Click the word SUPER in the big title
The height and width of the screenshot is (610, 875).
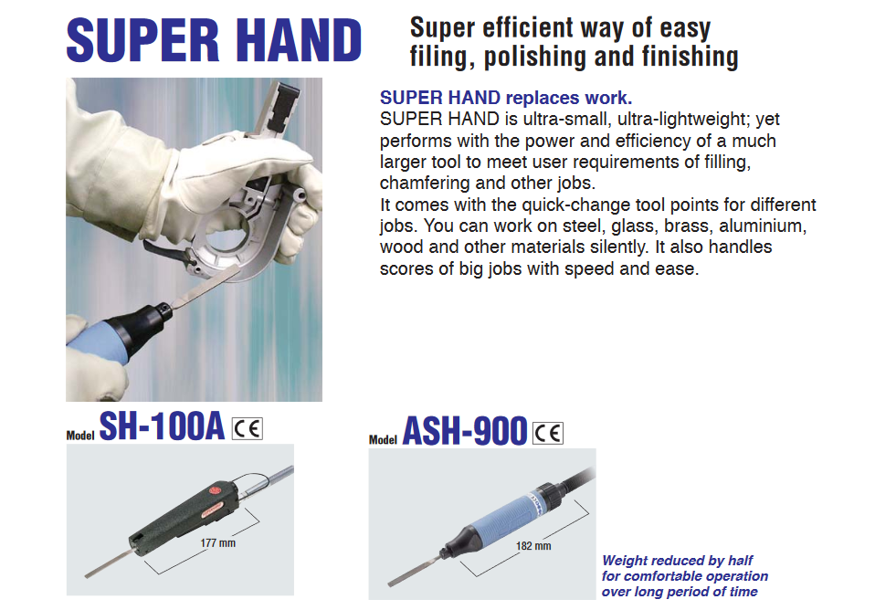pyautogui.click(x=142, y=40)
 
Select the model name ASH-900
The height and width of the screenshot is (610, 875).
pyautogui.click(x=465, y=431)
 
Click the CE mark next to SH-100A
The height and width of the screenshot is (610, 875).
pyautogui.click(x=248, y=428)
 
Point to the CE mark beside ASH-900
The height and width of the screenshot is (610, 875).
pyautogui.click(x=548, y=433)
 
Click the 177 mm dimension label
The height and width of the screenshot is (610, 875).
pyautogui.click(x=218, y=543)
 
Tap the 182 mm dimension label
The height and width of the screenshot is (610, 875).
pyautogui.click(x=533, y=546)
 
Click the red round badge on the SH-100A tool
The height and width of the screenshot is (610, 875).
pyautogui.click(x=215, y=491)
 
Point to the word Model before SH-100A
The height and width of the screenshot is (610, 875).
pyautogui.click(x=80, y=436)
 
